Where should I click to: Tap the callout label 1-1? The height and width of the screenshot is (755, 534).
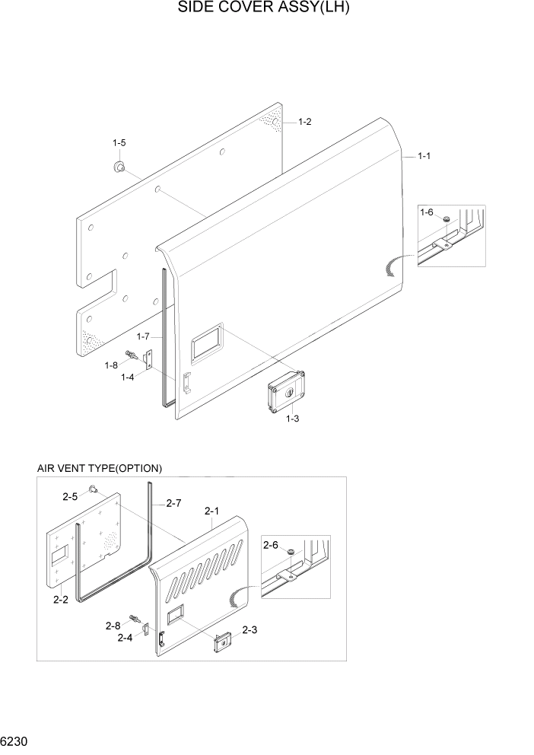point(424,156)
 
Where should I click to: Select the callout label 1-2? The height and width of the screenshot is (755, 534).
point(304,122)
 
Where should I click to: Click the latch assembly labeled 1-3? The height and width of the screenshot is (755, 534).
point(285,393)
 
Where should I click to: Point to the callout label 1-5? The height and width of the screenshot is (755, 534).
point(119,143)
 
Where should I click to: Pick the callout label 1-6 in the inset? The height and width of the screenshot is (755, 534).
point(427,212)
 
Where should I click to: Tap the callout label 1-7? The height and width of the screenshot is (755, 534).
point(144,336)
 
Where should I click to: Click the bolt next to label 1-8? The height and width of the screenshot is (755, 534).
point(135,354)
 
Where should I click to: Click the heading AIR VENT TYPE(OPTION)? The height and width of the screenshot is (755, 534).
point(100,468)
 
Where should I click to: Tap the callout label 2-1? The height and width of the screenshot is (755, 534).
point(212,511)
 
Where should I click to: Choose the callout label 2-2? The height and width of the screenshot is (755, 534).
point(61,600)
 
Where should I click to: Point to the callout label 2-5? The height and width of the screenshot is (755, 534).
point(70,496)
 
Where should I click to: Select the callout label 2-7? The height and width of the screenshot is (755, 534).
point(173,503)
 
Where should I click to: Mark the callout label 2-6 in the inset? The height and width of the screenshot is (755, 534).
point(270,545)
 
